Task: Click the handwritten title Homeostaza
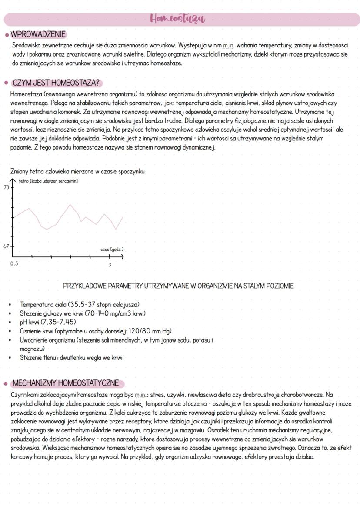[x=177, y=19]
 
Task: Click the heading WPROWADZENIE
[x=38, y=34]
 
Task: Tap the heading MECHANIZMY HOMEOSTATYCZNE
[x=65, y=383]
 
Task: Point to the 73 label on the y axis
[x=7, y=187]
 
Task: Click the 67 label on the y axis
[x=7, y=246]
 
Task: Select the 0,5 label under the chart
[x=15, y=264]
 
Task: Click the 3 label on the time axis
[x=110, y=265]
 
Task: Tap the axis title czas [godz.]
[x=112, y=250]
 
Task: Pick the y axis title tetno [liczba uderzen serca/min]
[x=48, y=180]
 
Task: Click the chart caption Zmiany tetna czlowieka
[x=77, y=172]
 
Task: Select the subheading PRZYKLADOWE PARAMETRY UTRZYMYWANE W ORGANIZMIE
[x=178, y=286]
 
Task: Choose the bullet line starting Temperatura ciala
[x=80, y=304]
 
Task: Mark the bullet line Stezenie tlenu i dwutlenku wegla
[x=71, y=358]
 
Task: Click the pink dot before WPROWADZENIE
[x=6, y=34]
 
